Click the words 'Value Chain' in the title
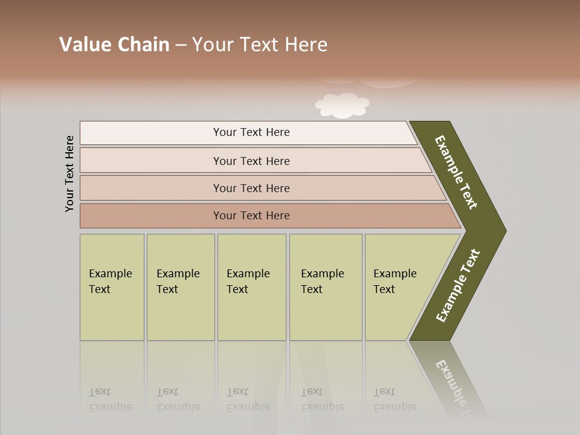coord(114,45)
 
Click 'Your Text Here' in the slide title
coord(260,45)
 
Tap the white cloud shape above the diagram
coord(342,105)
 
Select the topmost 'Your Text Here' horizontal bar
coord(251,132)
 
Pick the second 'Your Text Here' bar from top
coord(251,161)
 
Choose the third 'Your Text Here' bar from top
coord(251,188)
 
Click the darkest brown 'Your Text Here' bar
coord(251,216)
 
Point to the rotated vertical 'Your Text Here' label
coord(69,173)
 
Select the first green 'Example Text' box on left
coord(112,287)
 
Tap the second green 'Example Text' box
coord(180,287)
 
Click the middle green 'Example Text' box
coord(251,287)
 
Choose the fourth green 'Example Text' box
coord(326,287)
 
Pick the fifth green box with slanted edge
coord(399,287)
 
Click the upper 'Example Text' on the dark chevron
coord(456,172)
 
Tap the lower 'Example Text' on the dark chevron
coord(458,286)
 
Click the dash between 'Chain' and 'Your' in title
coord(181,45)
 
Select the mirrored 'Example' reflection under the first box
coord(110,407)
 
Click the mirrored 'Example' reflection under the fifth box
coord(395,407)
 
